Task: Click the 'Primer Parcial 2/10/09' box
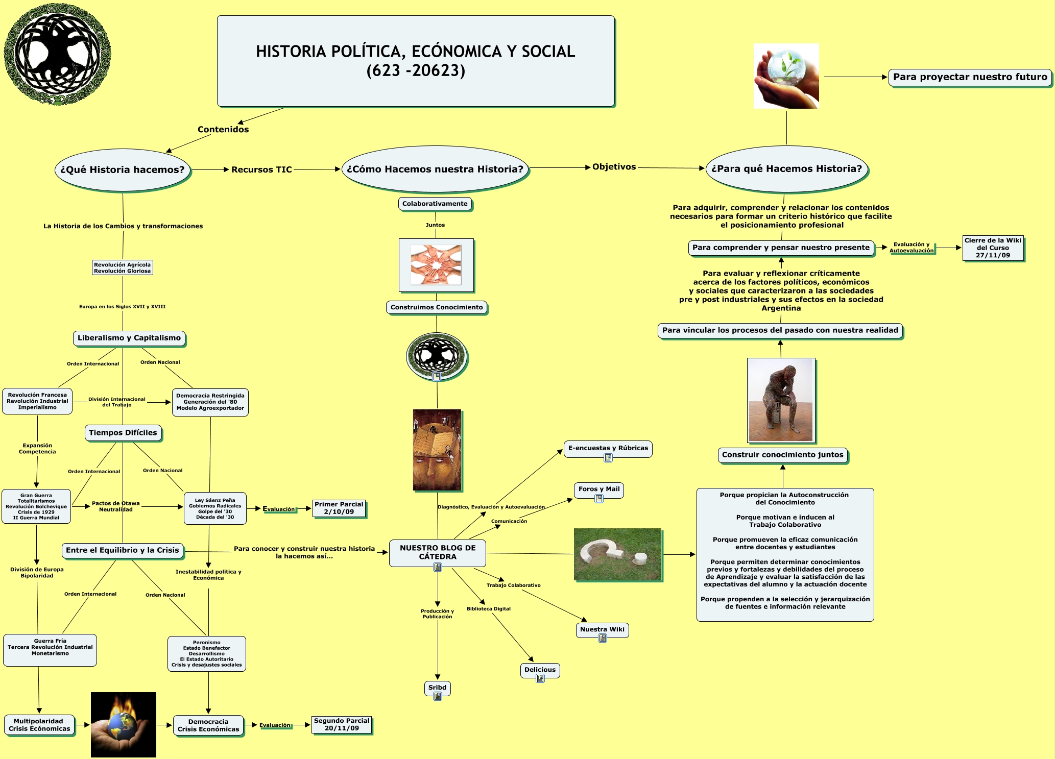339,508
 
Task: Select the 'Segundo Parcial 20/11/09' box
342,725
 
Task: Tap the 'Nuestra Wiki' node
602,629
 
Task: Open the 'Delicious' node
540,670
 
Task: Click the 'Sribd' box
437,688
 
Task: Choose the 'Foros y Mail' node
599,489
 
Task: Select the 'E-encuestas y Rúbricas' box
608,448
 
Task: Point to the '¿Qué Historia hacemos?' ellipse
123,170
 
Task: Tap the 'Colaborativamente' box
435,204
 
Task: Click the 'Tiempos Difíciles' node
123,433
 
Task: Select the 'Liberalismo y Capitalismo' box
129,338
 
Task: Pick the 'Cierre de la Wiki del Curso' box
993,248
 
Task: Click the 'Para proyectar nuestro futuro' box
970,77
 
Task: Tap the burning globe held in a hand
124,724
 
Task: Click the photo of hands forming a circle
436,265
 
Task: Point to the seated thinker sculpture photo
781,400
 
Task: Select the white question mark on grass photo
617,554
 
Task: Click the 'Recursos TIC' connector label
261,169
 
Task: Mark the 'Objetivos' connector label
614,167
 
